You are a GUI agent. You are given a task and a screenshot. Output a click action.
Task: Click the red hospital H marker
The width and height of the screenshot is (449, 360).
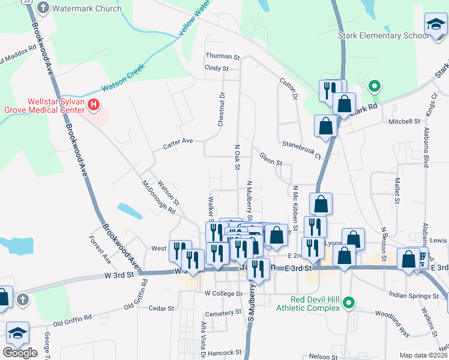pyautogui.click(x=94, y=106)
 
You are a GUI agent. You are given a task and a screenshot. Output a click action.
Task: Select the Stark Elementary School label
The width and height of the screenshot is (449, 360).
pyautogui.click(x=383, y=35)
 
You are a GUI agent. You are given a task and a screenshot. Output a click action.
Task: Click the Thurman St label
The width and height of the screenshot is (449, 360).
pyautogui.click(x=223, y=56)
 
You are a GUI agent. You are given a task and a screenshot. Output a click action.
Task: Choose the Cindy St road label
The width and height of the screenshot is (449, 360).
pyautogui.click(x=217, y=68)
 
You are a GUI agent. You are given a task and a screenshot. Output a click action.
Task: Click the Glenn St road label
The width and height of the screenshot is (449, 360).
pyautogui.click(x=271, y=161)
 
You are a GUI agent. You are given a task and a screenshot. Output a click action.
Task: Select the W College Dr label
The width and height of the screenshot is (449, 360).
pyautogui.click(x=223, y=294)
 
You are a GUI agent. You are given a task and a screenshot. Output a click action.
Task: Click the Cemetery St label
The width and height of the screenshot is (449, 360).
pyautogui.click(x=222, y=313)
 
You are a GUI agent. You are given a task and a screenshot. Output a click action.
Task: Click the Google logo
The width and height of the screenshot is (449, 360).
pyautogui.click(x=20, y=353)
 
